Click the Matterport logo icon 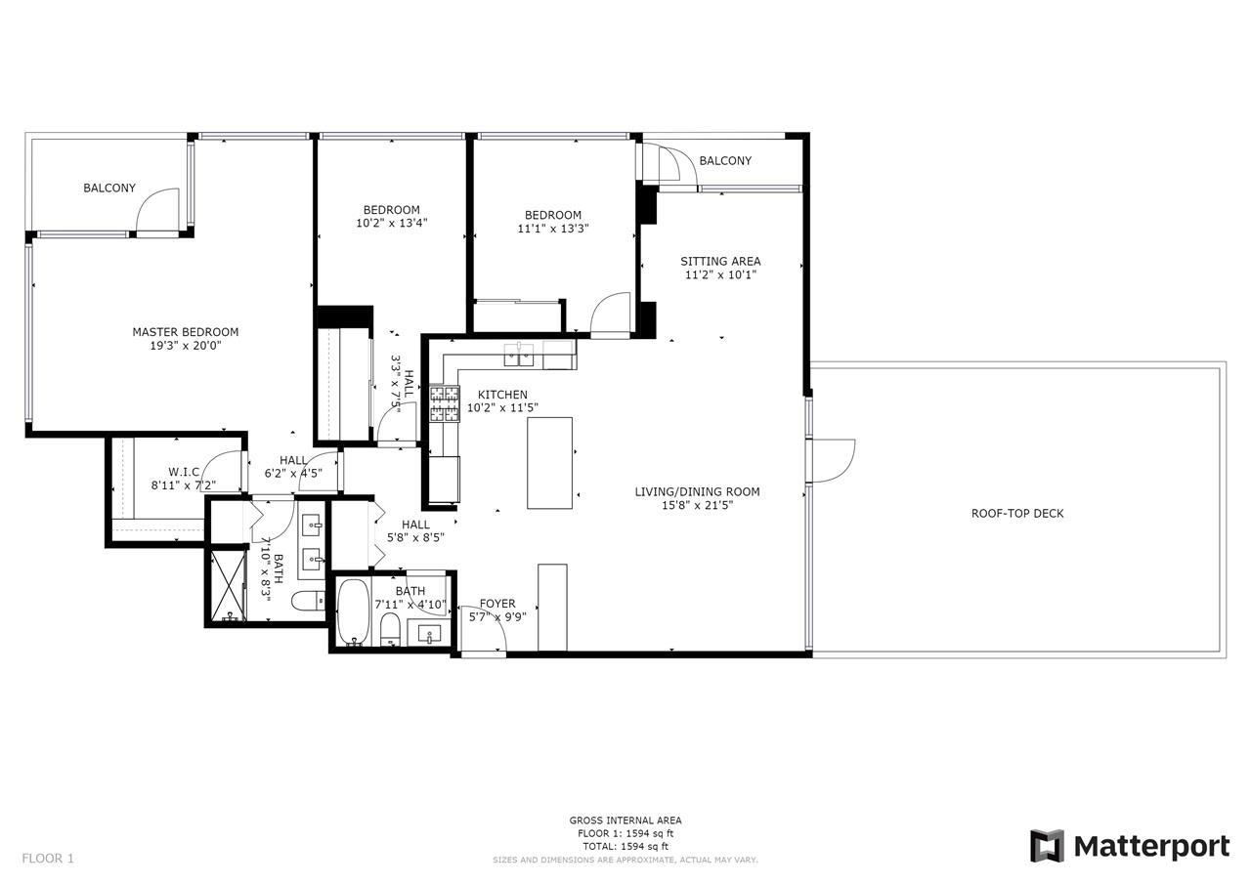(1047, 846)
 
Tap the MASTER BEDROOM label (186, 332)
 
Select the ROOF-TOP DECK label (1017, 514)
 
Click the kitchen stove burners (445, 403)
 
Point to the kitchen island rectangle (549, 463)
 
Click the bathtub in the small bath (353, 612)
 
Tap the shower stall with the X (228, 586)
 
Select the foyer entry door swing (484, 628)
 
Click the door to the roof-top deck (833, 460)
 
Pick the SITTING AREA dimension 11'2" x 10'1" (720, 274)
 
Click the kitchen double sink (519, 355)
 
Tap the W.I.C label (184, 472)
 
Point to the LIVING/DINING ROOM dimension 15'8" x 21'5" (697, 506)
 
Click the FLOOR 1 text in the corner (48, 859)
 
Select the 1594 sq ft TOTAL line (625, 846)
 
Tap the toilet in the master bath (308, 601)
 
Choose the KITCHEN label (502, 395)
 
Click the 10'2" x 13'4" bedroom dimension (392, 224)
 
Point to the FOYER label (497, 604)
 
